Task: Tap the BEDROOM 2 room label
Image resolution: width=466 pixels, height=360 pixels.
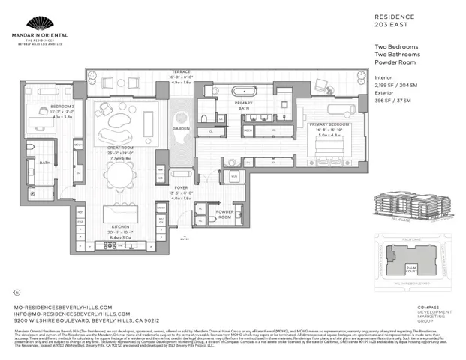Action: [40, 107]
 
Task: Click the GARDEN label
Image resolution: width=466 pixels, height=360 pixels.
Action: [181, 128]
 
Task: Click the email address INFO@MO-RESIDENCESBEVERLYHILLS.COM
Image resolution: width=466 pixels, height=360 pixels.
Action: [72, 313]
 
